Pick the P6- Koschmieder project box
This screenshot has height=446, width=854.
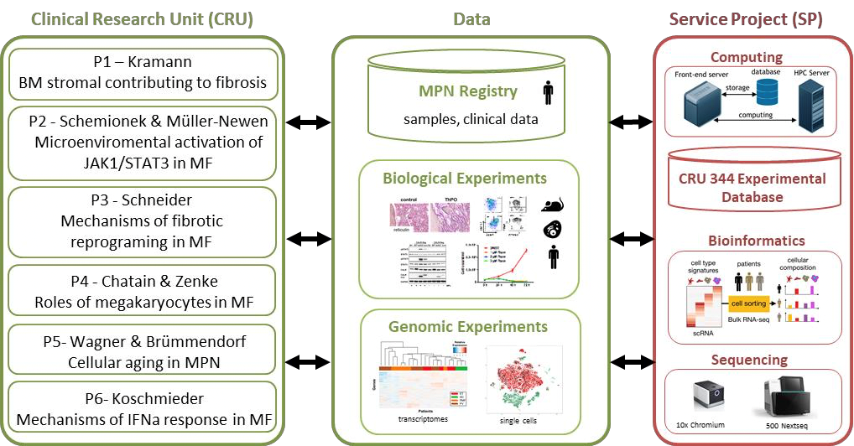click(142, 408)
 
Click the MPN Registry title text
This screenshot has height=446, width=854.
click(468, 91)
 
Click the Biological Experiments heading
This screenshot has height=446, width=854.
click(464, 178)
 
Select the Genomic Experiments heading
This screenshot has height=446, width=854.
click(467, 326)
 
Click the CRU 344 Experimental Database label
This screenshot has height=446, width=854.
click(752, 189)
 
